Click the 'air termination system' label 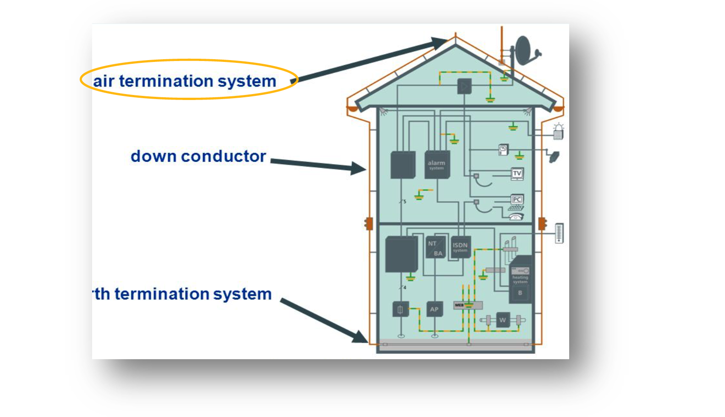pos(185,81)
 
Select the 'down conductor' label pos(198,156)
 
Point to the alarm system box pos(437,165)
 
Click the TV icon pos(517,173)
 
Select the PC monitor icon pos(517,200)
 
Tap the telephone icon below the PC pos(516,217)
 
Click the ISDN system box pos(461,247)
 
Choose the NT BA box pos(435,248)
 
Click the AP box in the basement pos(434,309)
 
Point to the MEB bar pos(468,305)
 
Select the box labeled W pos(503,320)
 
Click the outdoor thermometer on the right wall pos(559,233)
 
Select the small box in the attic pos(464,86)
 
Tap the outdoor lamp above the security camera pos(558,131)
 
